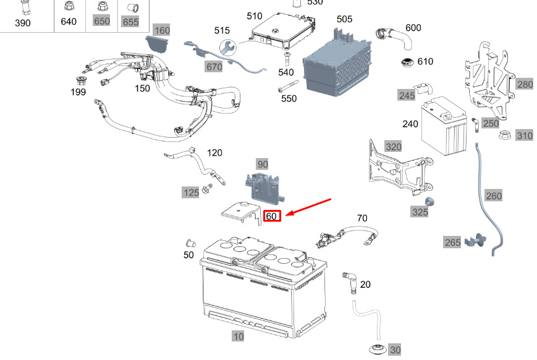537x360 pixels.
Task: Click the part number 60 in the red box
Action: [x=272, y=216]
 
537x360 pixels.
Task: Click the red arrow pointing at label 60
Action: [x=308, y=207]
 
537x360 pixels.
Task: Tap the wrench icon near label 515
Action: [x=228, y=47]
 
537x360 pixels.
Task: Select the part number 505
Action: [x=344, y=19]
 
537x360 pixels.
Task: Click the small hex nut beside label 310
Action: [x=504, y=135]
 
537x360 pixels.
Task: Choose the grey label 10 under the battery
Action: [x=239, y=337]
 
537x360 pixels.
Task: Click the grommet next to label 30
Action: [x=378, y=350]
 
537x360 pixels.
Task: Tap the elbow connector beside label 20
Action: [x=350, y=283]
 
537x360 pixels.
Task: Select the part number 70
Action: [x=362, y=218]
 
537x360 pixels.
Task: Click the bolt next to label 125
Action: [x=207, y=188]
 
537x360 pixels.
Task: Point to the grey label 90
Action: [x=263, y=164]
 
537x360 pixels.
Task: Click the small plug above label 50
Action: [x=191, y=244]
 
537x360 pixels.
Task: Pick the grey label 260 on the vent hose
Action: [x=494, y=196]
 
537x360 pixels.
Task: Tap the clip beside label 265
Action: [x=476, y=241]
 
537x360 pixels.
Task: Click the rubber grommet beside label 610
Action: [x=407, y=63]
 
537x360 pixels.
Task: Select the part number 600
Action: [x=413, y=28]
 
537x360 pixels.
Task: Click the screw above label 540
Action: [x=287, y=59]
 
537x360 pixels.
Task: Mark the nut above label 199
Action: [x=82, y=81]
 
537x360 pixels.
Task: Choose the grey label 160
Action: [x=162, y=30]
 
